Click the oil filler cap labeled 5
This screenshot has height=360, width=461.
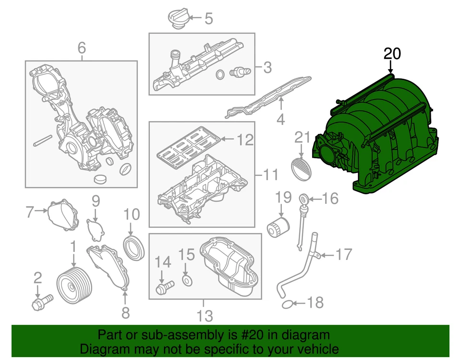point(177,19)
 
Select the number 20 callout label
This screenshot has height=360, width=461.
point(391,54)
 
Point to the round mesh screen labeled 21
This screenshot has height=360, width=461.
point(301,166)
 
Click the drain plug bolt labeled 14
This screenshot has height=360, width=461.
point(163,288)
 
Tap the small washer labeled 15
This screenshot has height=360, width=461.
point(186,280)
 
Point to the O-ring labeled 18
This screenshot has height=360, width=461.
point(287,303)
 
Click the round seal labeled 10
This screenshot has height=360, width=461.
point(134,247)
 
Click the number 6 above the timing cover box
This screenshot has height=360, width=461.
point(82,48)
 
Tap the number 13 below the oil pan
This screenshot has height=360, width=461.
point(205,316)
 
